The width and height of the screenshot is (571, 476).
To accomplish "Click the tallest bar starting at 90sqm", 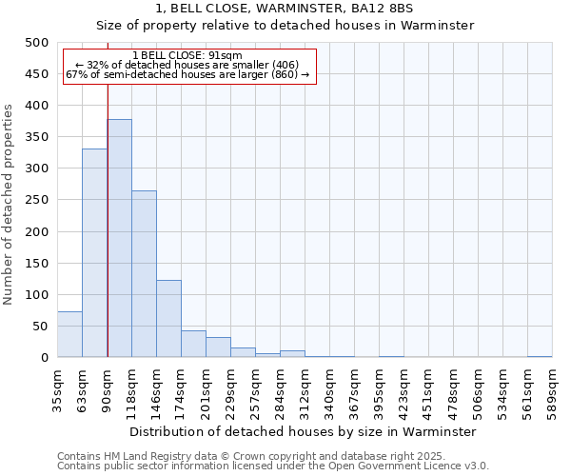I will point(119,238).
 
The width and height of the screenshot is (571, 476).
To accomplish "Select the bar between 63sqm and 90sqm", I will point(94,252).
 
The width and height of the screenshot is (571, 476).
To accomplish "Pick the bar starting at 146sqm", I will point(168,318).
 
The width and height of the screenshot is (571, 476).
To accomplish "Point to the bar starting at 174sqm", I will point(193,344).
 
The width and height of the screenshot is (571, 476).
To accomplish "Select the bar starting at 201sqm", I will point(218,347).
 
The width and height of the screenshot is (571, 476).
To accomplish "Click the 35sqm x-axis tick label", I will point(58,387).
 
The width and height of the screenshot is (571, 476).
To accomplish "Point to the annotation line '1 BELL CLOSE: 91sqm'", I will point(187,56).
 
